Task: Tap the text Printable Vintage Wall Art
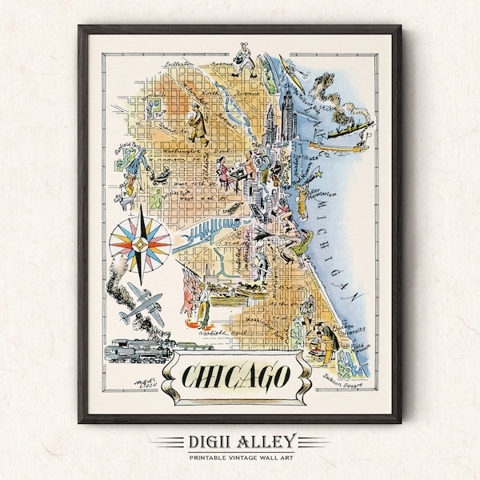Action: tap(240, 458)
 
